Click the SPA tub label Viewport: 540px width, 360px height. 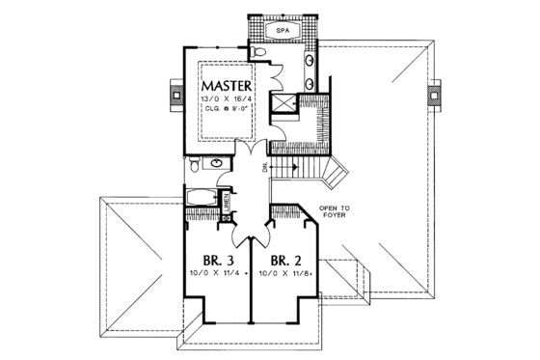(283, 31)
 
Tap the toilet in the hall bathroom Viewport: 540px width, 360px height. (195, 168)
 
